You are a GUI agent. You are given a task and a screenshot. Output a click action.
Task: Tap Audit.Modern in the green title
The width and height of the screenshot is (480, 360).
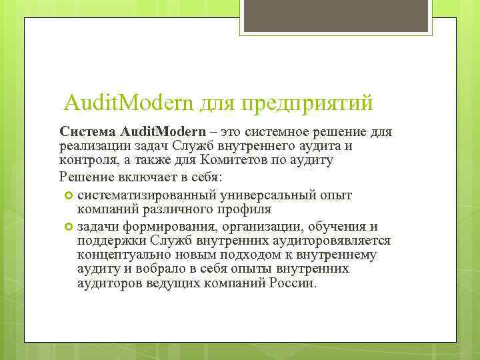(x=128, y=103)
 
